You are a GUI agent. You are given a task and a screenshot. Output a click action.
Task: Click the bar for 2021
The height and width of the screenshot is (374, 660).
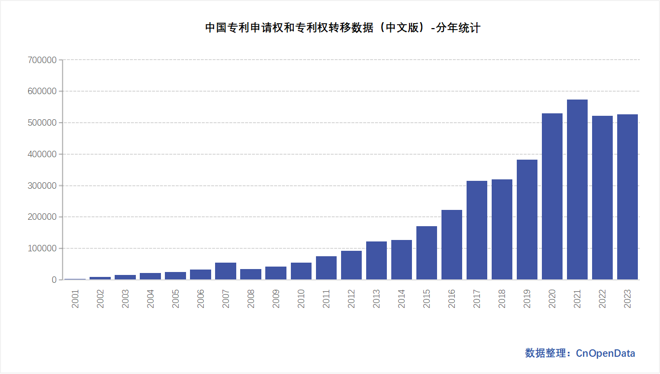pos(577,190)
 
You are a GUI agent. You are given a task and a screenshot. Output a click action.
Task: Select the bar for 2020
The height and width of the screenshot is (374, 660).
pos(552,197)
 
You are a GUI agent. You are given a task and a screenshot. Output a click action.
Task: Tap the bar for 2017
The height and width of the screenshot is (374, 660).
pos(476,230)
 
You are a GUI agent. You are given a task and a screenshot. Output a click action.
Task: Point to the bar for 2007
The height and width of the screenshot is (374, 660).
pos(225,271)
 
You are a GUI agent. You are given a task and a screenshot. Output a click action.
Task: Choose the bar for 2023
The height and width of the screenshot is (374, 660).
pos(627,197)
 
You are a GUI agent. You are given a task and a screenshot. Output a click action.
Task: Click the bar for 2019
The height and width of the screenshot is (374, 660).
pos(527,220)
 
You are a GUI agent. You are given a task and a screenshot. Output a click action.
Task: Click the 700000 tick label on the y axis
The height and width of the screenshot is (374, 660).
pos(42,60)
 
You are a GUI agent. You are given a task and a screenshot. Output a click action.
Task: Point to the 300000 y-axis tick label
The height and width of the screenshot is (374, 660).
pos(42,186)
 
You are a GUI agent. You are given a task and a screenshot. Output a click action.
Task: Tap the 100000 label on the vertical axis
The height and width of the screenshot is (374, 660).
pos(42,248)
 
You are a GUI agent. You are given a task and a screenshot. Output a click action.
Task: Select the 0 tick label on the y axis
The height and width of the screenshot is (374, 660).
pos(54,280)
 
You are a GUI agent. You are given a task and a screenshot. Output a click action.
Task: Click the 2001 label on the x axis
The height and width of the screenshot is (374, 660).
pos(75,298)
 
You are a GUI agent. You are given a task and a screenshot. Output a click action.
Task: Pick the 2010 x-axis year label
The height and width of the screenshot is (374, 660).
pos(301,298)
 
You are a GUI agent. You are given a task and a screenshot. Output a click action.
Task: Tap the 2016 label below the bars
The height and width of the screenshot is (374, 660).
pos(452,298)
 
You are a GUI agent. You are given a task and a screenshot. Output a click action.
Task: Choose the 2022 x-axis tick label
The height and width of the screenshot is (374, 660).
pos(602,298)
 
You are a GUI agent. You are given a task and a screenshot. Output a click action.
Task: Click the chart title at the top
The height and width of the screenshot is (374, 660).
pos(343,28)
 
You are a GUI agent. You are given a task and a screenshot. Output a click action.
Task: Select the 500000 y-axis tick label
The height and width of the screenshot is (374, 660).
pos(42,123)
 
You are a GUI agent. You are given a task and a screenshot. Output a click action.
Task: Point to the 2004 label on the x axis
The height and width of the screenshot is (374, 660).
pos(151,298)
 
